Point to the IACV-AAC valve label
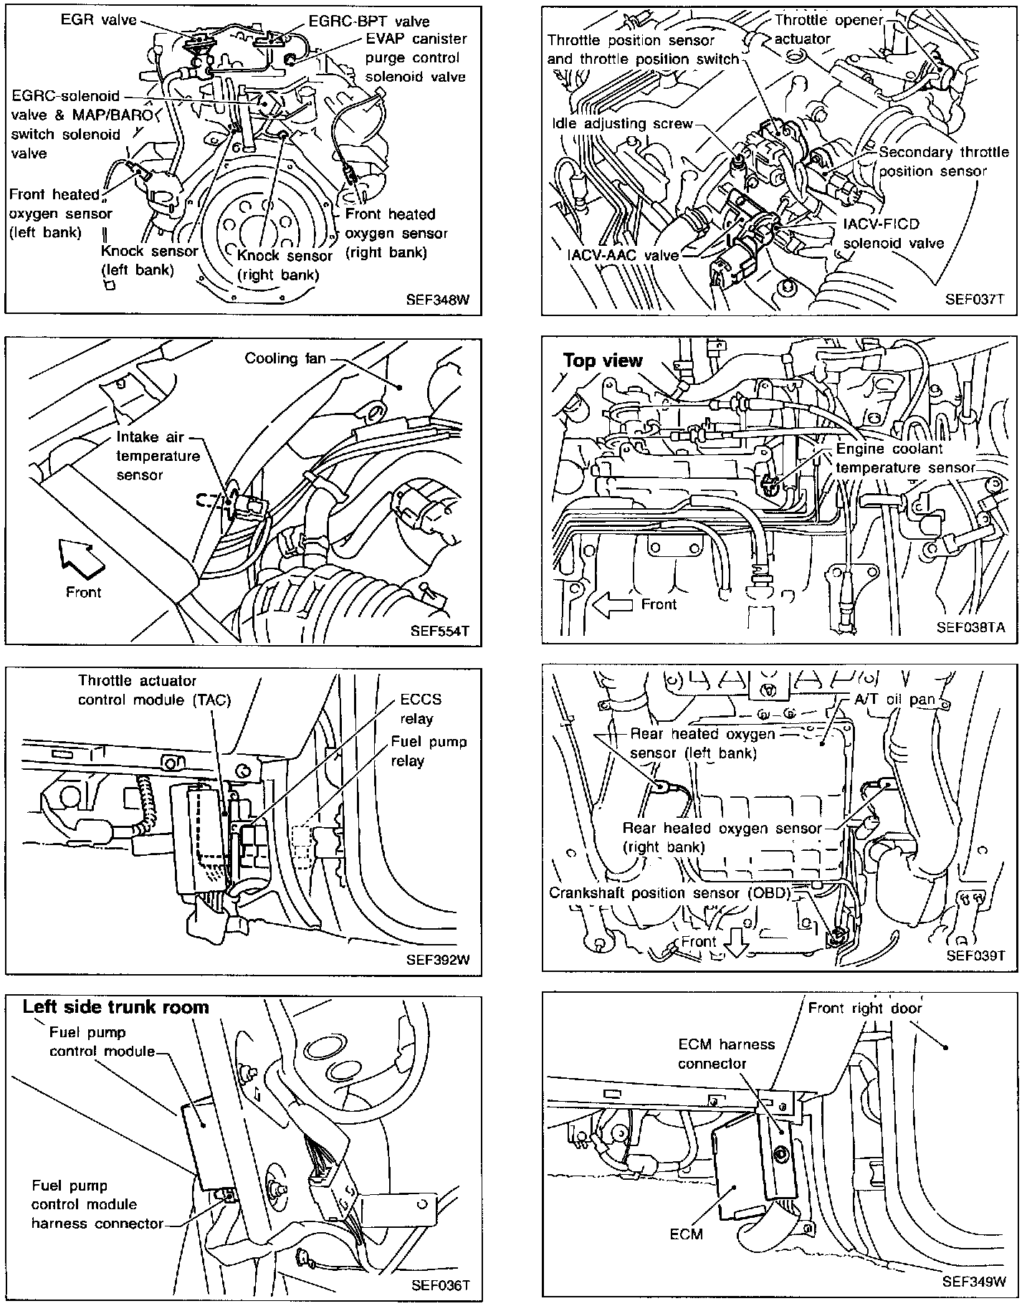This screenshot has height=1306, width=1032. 623,255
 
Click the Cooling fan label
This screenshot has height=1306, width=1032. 285,358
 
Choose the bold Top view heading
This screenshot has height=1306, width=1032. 603,360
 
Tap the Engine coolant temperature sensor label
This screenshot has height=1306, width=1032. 906,458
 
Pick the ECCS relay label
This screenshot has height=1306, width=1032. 421,709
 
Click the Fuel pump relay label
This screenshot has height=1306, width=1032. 429,750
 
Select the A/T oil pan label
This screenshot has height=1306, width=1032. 895,700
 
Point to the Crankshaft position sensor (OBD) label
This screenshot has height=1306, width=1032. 670,893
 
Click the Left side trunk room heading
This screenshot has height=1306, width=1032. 115,1007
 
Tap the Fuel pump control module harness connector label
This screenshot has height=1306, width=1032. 97,1204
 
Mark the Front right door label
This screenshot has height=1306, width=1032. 865,1008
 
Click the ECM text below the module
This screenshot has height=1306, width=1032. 687,1234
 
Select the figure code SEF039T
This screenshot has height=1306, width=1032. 976,955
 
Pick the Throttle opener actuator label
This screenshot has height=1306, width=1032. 828,29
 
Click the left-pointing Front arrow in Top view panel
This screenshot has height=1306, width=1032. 613,604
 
